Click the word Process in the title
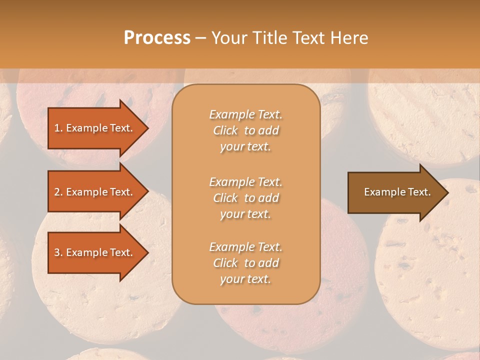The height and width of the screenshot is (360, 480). [x=157, y=37]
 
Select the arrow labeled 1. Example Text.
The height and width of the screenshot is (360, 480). [x=95, y=128]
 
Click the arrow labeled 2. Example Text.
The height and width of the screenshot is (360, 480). [x=95, y=192]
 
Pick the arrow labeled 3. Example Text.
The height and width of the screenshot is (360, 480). [x=95, y=252]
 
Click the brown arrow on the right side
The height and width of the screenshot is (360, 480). [x=395, y=192]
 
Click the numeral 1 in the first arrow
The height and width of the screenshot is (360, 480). [x=56, y=128]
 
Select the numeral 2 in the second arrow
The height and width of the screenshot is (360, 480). [x=56, y=192]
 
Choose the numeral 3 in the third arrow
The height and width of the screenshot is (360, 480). [x=56, y=252]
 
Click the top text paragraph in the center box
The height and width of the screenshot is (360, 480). [x=245, y=130]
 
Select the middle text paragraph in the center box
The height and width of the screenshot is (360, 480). [x=245, y=198]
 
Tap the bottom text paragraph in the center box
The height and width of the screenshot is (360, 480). [x=245, y=263]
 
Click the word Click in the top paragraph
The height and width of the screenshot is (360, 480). [x=225, y=130]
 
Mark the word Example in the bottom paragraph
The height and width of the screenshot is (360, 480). [x=231, y=247]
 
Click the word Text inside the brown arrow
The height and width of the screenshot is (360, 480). [x=418, y=192]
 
